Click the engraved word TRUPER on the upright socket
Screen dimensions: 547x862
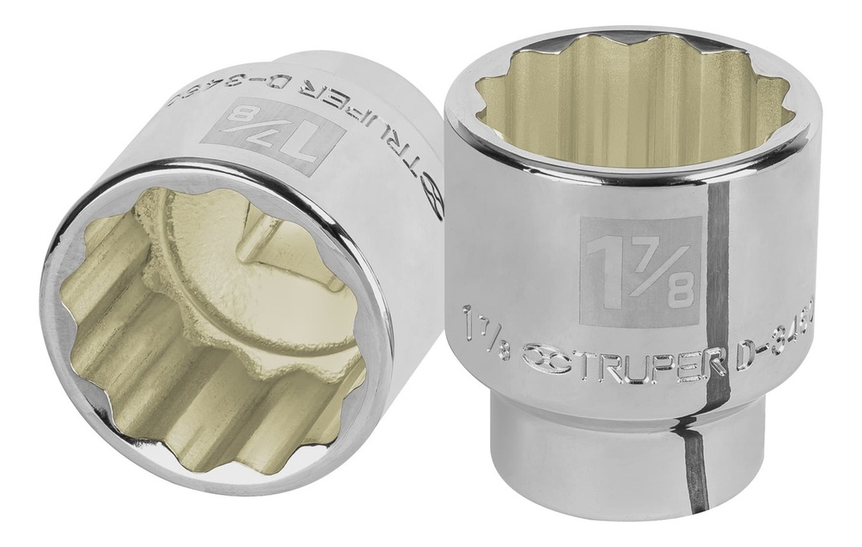pyautogui.click(x=623, y=354)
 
